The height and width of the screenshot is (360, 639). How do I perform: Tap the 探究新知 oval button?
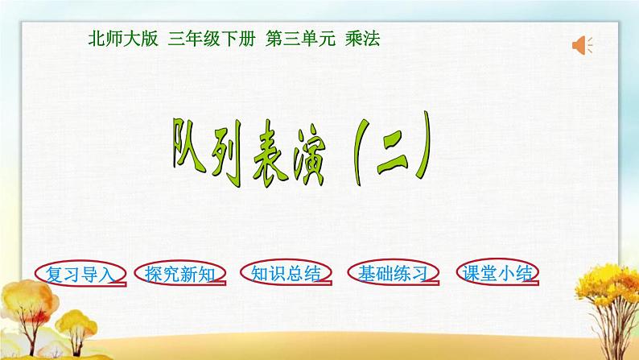click(x=176, y=274)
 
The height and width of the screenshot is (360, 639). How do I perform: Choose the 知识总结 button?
click(x=284, y=274)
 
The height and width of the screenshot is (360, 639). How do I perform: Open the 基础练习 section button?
click(x=392, y=274)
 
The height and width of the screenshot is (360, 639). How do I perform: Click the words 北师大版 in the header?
click(x=122, y=38)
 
